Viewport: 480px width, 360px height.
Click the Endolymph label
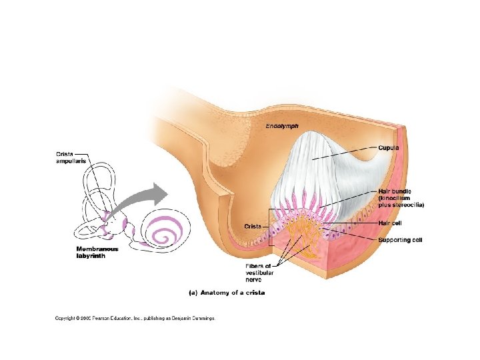(x=282, y=126)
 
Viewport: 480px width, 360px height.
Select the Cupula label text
(x=389, y=147)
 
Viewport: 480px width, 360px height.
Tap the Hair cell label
(x=390, y=223)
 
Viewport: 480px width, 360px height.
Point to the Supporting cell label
(x=400, y=240)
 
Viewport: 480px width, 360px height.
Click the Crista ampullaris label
(x=70, y=158)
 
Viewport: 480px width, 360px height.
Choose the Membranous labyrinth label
(x=97, y=253)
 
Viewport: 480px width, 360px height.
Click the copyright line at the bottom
(x=135, y=319)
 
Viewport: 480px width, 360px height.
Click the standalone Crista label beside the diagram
(x=252, y=227)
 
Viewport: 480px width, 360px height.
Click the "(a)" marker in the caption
(x=191, y=292)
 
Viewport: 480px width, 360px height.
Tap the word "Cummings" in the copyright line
(x=202, y=319)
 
